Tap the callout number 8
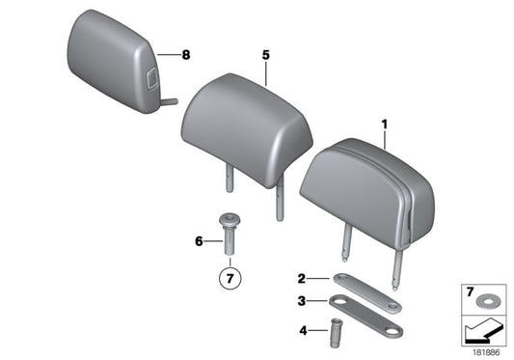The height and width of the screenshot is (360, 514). (x=187, y=54)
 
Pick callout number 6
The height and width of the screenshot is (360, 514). (x=200, y=241)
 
